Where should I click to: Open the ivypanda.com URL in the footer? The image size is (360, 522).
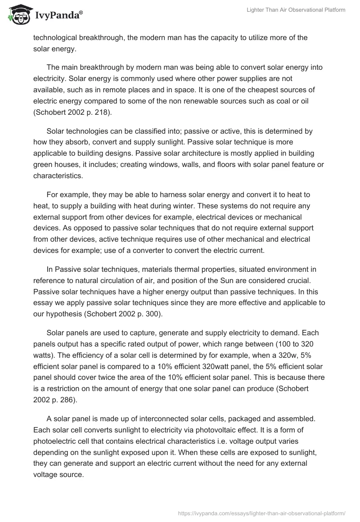261,513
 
